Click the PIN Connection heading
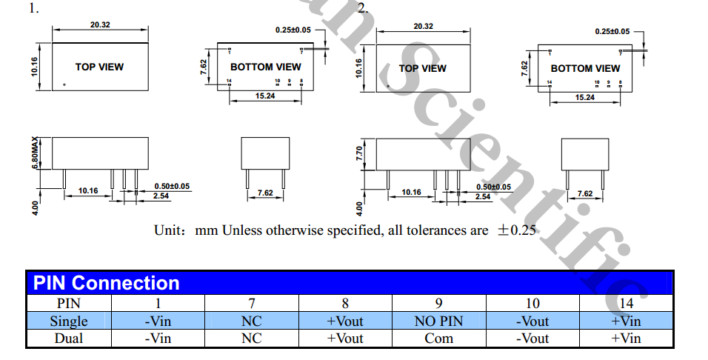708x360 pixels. (106, 283)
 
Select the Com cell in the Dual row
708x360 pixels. (438, 339)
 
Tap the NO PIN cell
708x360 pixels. (438, 321)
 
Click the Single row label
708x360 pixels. (69, 321)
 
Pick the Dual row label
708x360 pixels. (69, 339)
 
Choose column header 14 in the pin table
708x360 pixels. (626, 303)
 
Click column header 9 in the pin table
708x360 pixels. (438, 303)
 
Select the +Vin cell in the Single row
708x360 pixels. (626, 321)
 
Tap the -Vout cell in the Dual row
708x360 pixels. (532, 339)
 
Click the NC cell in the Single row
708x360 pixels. (252, 321)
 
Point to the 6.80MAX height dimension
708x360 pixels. (35, 153)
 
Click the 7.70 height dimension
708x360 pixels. (360, 153)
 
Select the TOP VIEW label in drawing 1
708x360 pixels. (99, 67)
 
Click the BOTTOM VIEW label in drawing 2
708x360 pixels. (585, 68)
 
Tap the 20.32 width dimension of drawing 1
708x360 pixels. (101, 24)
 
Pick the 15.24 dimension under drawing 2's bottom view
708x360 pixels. (584, 97)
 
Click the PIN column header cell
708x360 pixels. (69, 303)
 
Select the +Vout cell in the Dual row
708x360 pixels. (345, 339)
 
